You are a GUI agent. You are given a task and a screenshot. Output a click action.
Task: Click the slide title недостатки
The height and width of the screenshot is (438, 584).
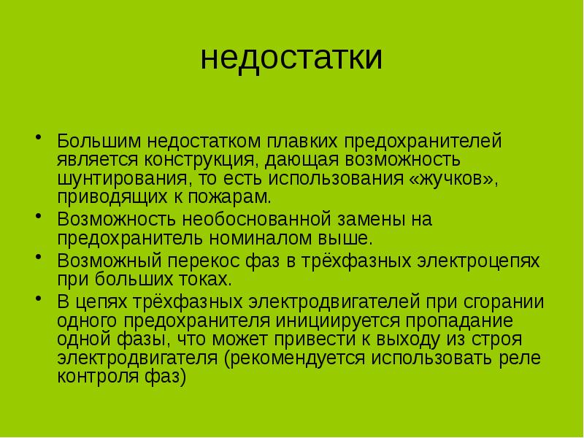(291, 58)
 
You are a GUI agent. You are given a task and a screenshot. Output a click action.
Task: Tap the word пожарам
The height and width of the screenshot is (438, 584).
(235, 197)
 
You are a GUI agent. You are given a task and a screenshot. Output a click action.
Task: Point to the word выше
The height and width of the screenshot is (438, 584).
(346, 239)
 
